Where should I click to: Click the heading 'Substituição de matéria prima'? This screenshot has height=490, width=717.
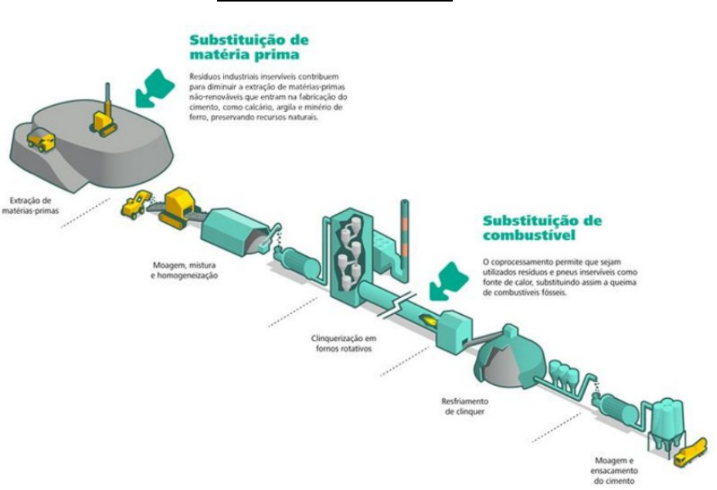250,47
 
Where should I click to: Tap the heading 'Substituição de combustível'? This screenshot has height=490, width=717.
542,228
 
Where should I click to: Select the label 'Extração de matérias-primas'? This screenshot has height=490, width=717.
30,205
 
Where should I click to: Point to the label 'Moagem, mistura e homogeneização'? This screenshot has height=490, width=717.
184,270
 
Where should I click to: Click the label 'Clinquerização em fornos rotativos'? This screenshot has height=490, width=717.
343,343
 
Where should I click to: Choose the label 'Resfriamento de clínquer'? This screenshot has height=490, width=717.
464,407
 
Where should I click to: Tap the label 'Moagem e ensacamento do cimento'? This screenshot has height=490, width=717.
613,471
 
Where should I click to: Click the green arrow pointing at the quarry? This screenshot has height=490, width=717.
155,89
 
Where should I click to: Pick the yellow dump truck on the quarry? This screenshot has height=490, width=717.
41,140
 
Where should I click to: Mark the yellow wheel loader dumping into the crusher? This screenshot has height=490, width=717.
136,204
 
